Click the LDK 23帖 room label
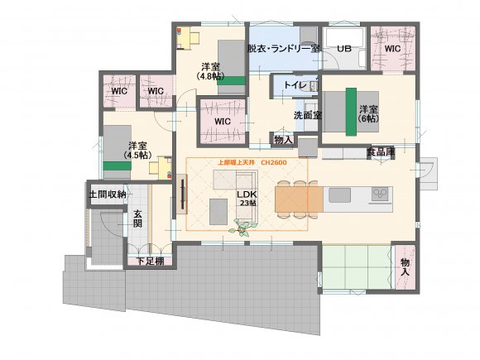pos(247,198)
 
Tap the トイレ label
pos(295,85)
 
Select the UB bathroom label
pos(344,48)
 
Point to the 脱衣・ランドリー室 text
pos(284,49)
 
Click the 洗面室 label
pos(307,115)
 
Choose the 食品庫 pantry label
pos(381,151)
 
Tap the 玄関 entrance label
pos(137,218)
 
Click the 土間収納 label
pos(107,194)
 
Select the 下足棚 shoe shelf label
pos(150,262)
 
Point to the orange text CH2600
pos(274,162)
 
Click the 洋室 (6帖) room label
pos(368,114)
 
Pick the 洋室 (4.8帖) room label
pos(210,71)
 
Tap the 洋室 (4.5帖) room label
pos(137,151)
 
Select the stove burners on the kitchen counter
pos(380,194)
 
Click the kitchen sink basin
pos(339,195)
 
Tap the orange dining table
pos(299,199)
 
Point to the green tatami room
pos(357,266)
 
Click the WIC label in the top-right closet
pos(392,48)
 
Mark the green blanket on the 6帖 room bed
pos(351,112)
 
